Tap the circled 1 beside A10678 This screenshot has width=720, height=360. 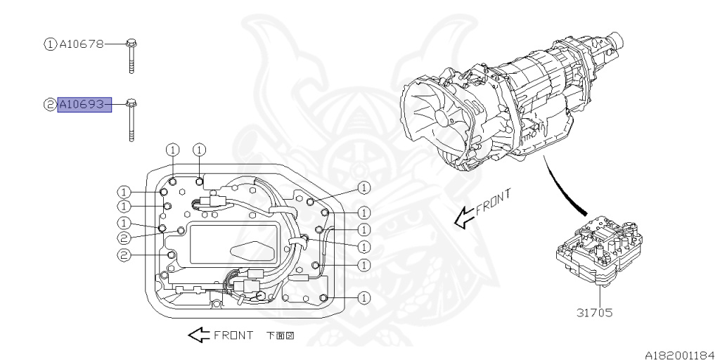point(51,44)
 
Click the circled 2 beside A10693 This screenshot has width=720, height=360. point(51,105)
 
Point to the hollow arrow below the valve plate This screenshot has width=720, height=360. point(198,335)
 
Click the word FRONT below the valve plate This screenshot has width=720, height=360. point(233,335)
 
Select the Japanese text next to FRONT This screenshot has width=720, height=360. point(280,335)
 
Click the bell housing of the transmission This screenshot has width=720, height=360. point(439,116)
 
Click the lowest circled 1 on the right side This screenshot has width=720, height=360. point(364,298)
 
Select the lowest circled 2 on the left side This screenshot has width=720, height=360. point(123,255)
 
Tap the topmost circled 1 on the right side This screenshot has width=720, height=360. point(364,188)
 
